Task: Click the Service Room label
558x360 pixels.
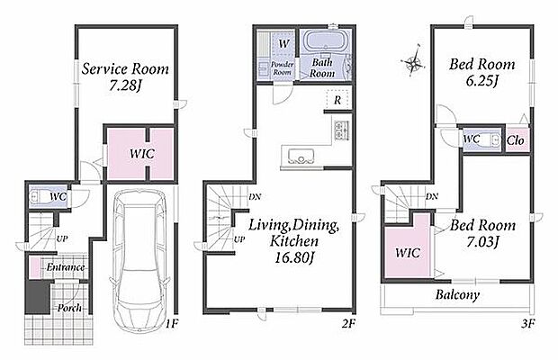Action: coord(125,69)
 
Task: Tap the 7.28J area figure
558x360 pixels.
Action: coord(126,85)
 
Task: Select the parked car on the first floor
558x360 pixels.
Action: coord(139,260)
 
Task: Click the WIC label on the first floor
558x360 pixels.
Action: coord(142,154)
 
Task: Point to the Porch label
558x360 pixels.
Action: coord(69,308)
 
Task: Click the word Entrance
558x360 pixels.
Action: coord(66,267)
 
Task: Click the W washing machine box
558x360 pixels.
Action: coord(284,44)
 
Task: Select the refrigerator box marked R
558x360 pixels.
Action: coord(337,100)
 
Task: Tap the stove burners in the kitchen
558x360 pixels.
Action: coord(341,130)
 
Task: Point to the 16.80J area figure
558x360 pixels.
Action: coord(294,257)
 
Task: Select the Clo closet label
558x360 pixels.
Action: coord(516,140)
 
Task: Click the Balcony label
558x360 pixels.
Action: coord(457,295)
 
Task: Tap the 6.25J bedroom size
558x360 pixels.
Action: coord(481,81)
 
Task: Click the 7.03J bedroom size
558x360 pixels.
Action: coord(482,241)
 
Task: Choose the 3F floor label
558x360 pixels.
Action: coord(527,323)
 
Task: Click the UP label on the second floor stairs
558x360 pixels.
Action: coord(239,239)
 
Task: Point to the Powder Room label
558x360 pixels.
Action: coord(283,67)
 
